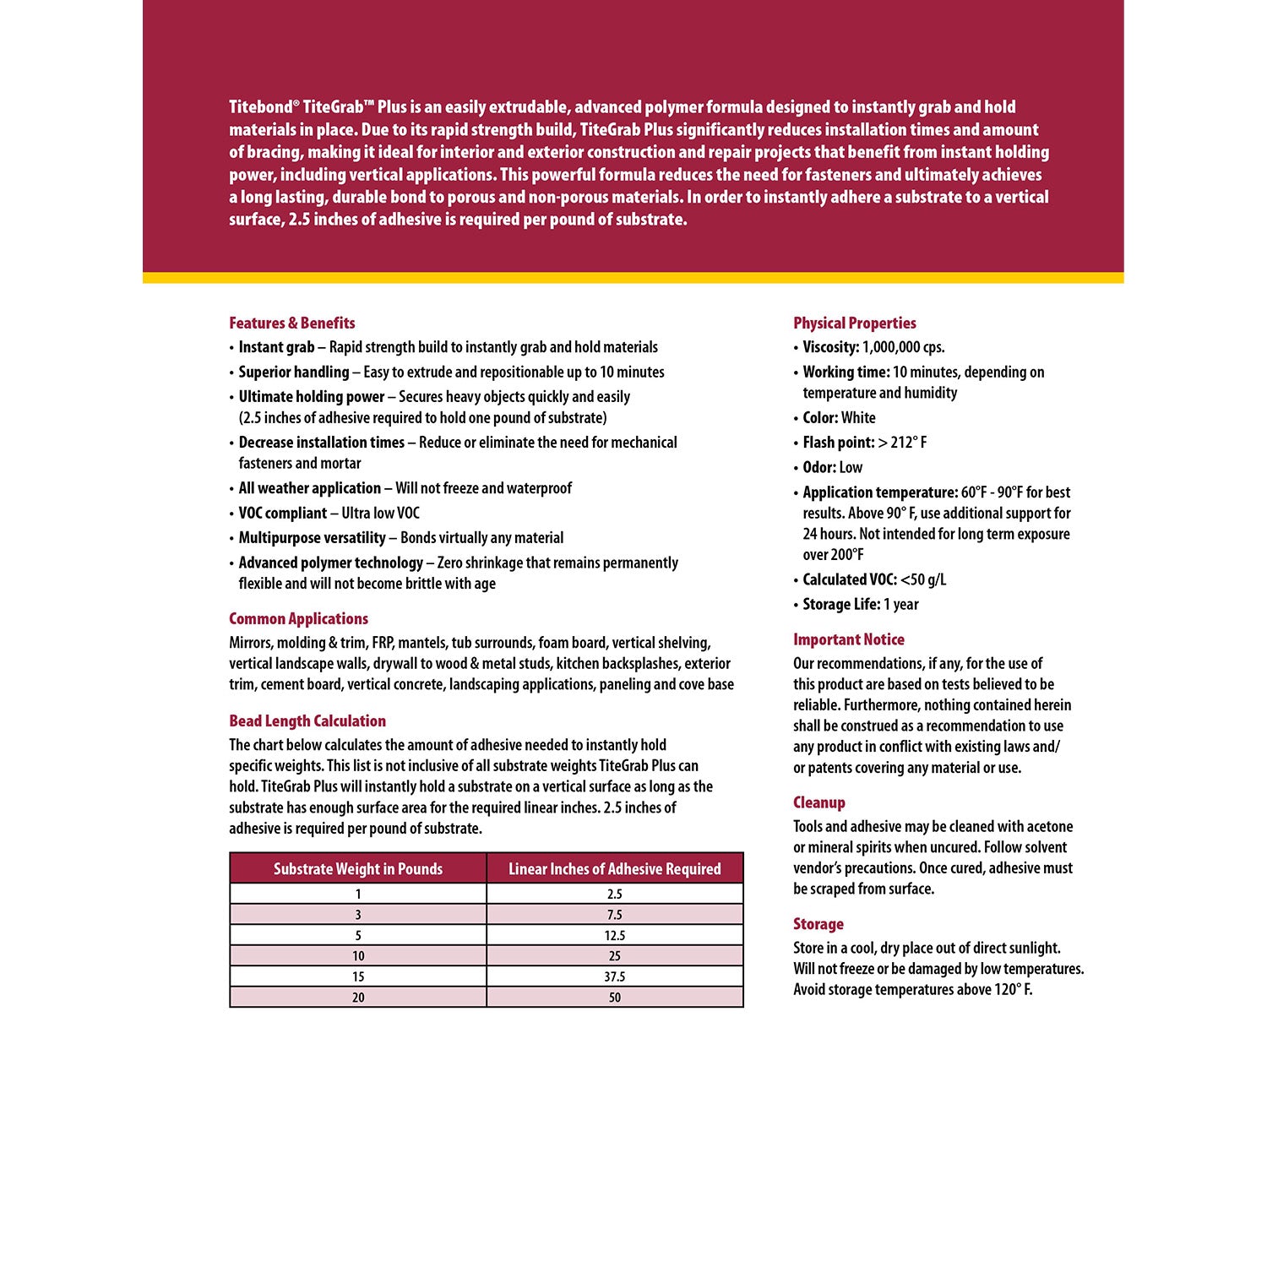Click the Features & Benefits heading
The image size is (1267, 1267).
pos(291,323)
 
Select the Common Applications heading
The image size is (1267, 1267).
pos(298,618)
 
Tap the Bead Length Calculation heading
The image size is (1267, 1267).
pos(307,721)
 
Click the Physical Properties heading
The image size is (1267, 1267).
pos(854,323)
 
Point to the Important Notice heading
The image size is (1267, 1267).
pos(848,639)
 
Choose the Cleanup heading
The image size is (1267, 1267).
pos(818,802)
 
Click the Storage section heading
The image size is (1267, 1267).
pos(818,924)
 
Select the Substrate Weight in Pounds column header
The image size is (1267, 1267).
pos(358,869)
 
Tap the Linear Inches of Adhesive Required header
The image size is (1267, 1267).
pos(614,869)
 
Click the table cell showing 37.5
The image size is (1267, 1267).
pos(614,976)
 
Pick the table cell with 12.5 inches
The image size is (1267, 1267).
pos(614,935)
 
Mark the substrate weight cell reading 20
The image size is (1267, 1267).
pos(358,998)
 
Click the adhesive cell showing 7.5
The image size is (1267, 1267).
pos(614,915)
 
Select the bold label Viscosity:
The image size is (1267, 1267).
pos(830,347)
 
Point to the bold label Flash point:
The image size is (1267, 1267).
pos(838,443)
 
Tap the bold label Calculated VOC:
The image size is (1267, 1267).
pos(849,579)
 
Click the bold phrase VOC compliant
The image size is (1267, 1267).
pos(282,513)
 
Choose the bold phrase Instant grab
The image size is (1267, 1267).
pos(276,347)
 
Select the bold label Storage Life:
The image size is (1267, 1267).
pos(841,604)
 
